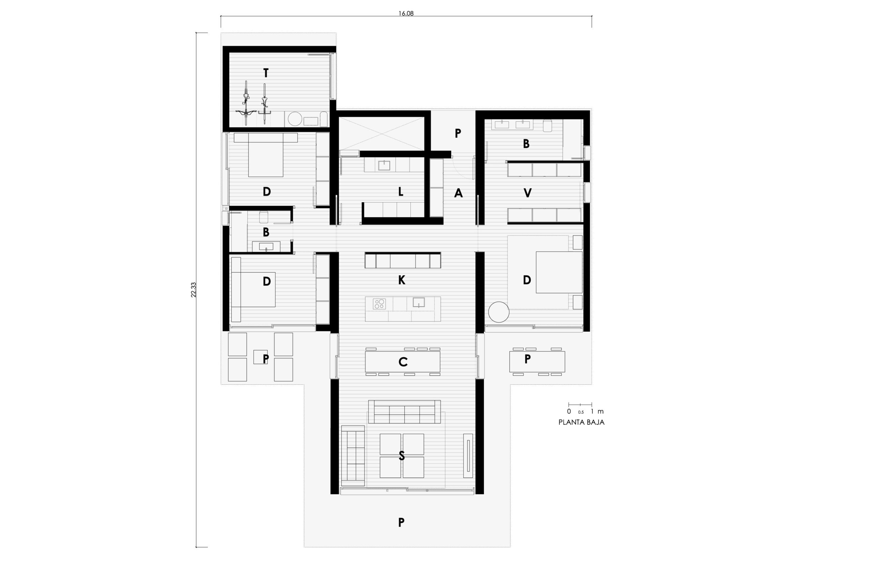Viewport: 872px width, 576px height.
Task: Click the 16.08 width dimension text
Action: pyautogui.click(x=406, y=14)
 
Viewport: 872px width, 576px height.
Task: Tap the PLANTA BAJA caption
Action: pyautogui.click(x=581, y=422)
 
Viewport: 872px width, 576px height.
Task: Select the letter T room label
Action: pyautogui.click(x=266, y=73)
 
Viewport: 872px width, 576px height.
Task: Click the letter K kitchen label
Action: pyautogui.click(x=402, y=280)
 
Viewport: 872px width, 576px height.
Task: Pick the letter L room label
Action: pyautogui.click(x=401, y=191)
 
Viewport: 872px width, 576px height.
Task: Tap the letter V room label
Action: pyautogui.click(x=527, y=193)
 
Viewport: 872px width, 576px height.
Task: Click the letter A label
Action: pyautogui.click(x=458, y=193)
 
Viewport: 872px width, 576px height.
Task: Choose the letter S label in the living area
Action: pyautogui.click(x=402, y=456)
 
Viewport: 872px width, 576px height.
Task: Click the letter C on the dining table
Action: pyautogui.click(x=403, y=362)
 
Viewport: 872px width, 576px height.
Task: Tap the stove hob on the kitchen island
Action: pyautogui.click(x=379, y=304)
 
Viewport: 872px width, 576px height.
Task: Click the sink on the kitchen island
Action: pyautogui.click(x=419, y=302)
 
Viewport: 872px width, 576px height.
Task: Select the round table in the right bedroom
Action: pyautogui.click(x=499, y=312)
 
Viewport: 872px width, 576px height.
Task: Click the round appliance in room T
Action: pyautogui.click(x=295, y=119)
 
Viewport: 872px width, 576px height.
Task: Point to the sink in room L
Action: pyautogui.click(x=384, y=165)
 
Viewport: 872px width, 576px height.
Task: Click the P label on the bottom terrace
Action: pyautogui.click(x=401, y=522)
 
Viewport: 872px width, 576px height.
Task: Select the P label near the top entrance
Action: pyautogui.click(x=457, y=133)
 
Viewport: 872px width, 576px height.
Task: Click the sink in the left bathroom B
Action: pyautogui.click(x=266, y=246)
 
